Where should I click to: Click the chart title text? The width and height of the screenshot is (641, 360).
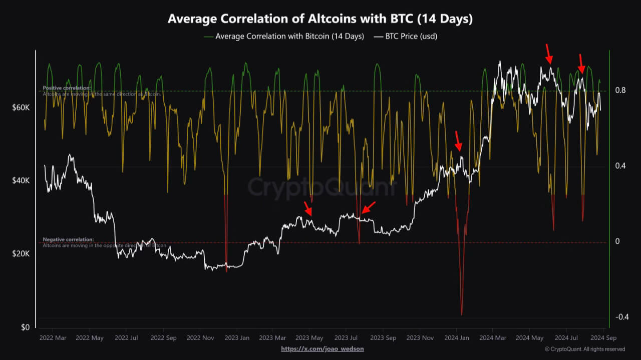320,19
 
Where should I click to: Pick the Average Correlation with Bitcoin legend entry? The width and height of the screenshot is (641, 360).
284,37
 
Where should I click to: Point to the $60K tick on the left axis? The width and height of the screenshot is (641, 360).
21,108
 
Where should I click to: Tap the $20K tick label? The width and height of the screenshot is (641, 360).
21,254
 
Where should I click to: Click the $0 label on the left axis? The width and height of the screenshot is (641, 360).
25,327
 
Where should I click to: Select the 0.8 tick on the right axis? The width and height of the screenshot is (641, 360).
620,91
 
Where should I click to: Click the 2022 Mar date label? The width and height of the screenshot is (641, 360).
53,338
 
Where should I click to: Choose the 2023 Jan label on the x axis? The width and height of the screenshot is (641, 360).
236,338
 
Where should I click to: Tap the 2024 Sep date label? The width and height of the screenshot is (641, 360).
603,338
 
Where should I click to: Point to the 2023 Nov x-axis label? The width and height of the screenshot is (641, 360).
420,338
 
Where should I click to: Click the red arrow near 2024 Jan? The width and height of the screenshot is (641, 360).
458,141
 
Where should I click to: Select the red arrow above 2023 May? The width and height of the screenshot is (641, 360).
307,208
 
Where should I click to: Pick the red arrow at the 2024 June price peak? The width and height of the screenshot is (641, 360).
548,54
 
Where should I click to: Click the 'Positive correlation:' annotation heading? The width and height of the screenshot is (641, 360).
67,88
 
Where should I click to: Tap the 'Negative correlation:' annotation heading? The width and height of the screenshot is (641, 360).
68,240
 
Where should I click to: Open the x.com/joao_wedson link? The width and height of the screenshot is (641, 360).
322,349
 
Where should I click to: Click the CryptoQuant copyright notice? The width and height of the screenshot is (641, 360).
584,349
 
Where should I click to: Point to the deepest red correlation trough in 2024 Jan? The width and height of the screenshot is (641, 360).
461,314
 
